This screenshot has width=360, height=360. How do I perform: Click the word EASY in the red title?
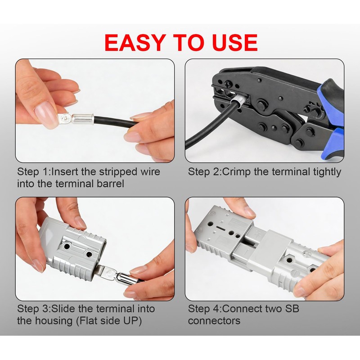coord(134,42)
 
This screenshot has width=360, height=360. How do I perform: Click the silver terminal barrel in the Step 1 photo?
coord(83,119)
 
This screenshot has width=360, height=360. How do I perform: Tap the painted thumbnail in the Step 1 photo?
coord(45,114)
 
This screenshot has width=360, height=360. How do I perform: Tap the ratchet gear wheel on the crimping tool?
coord(313,110)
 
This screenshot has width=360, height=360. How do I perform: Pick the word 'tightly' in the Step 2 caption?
coord(327,172)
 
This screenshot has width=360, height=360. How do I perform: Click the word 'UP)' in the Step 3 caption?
coord(133,321)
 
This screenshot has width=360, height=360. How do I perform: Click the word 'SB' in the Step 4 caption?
coord(292,309)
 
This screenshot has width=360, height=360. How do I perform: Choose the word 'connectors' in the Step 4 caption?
coord(214,321)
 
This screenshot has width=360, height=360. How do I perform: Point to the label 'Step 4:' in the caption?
coord(205,309)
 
